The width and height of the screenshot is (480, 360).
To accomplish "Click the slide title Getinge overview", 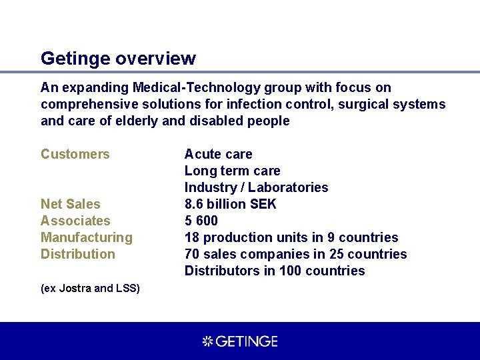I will pos(118,59).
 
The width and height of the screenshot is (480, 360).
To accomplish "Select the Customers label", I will pos(75,154).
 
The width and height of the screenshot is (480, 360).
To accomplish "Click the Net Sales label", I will pos(70,204).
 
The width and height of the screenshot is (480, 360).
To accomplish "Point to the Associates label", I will pos(75,221).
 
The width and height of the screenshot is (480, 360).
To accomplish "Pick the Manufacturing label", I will pos(87,237).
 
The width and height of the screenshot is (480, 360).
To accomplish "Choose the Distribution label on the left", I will pos(78,254).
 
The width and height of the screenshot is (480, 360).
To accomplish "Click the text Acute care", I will pos(218,154).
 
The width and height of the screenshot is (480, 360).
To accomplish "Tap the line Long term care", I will pos(232,171).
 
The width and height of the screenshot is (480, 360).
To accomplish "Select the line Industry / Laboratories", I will pos(256,187).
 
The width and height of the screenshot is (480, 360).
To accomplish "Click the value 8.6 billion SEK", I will pos(230,204).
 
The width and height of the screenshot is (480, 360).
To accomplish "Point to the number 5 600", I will pos(201,221).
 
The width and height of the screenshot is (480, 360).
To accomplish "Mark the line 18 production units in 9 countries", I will pos(291,237).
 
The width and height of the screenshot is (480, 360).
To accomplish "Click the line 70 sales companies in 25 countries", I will pos(295,254).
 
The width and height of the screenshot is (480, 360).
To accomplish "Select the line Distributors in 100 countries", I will pos(275,271).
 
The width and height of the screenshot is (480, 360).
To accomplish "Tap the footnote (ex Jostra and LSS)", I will pos(90,288).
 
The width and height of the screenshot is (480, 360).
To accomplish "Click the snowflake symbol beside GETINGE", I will pos(207,341).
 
